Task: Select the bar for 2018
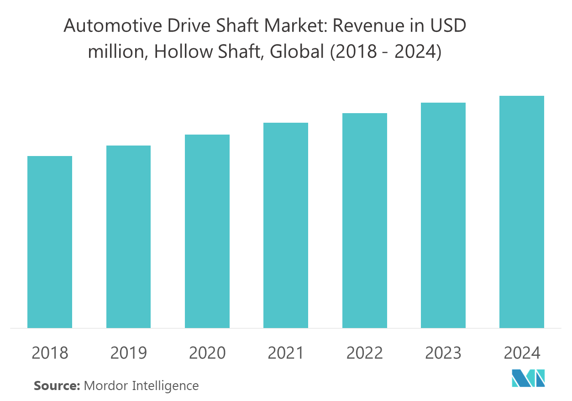tap(50, 242)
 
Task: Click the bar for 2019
tap(128, 237)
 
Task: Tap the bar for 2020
tap(207, 231)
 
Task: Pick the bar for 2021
tap(286, 225)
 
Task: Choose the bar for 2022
tap(365, 220)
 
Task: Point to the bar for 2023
tap(443, 215)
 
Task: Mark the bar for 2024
tap(522, 212)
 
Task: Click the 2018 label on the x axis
tap(50, 353)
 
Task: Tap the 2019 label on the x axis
tap(128, 353)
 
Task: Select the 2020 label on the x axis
tap(207, 353)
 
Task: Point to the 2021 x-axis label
tap(286, 353)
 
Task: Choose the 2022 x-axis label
tap(365, 353)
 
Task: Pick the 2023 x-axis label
tap(443, 353)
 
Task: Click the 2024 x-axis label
tap(522, 353)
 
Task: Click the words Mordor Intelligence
tap(141, 385)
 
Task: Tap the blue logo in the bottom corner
tap(528, 378)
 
